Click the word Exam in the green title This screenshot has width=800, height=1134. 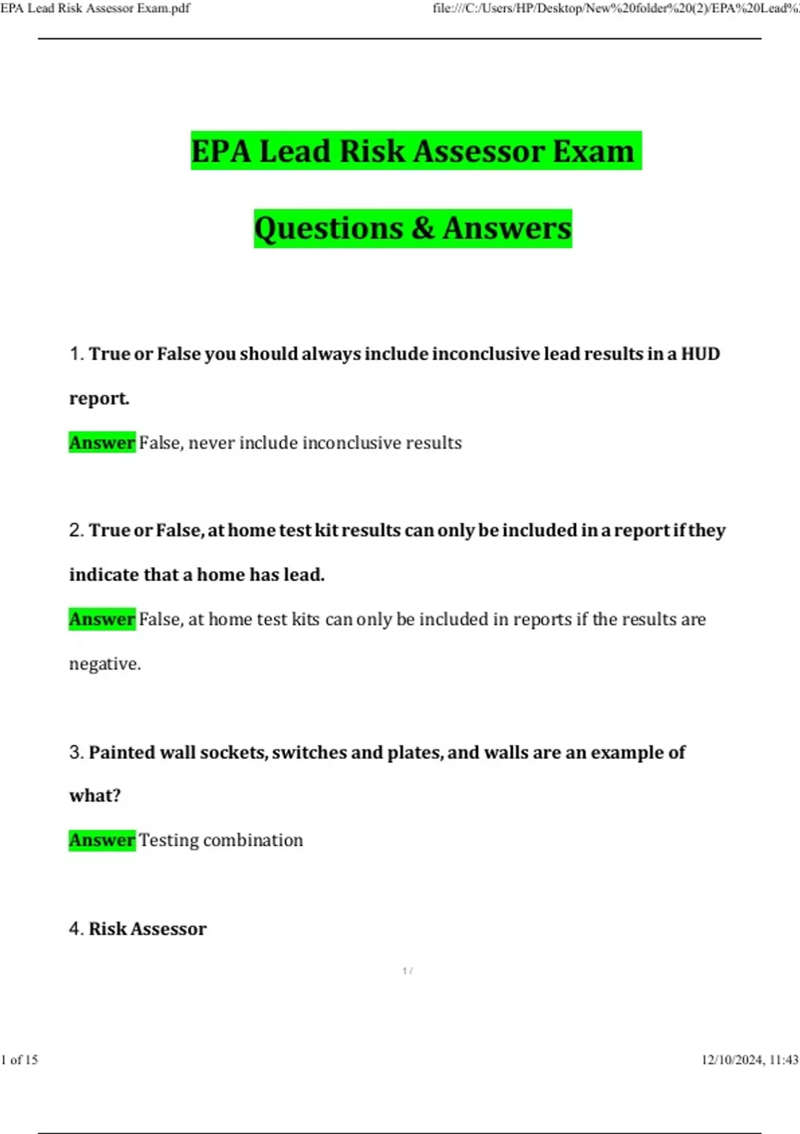tap(594, 151)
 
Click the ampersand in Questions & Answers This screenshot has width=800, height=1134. tap(423, 228)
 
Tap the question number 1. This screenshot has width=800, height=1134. tap(75, 354)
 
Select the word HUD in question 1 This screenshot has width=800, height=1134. tap(700, 354)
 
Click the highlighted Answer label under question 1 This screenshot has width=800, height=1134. tap(102, 442)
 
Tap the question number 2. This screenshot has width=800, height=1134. tap(75, 530)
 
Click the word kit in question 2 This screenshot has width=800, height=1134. tap(327, 530)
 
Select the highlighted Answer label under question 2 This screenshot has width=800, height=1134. tap(102, 619)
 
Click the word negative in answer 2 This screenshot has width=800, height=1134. tap(104, 664)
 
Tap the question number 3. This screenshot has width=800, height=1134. tap(75, 752)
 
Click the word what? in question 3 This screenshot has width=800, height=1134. tap(95, 796)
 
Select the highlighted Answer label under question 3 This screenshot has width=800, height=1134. tap(102, 840)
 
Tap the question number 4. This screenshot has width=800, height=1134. tap(75, 929)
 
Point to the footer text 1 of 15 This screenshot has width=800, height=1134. tap(20, 1060)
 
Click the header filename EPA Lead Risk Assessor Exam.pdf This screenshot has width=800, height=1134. tap(95, 8)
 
